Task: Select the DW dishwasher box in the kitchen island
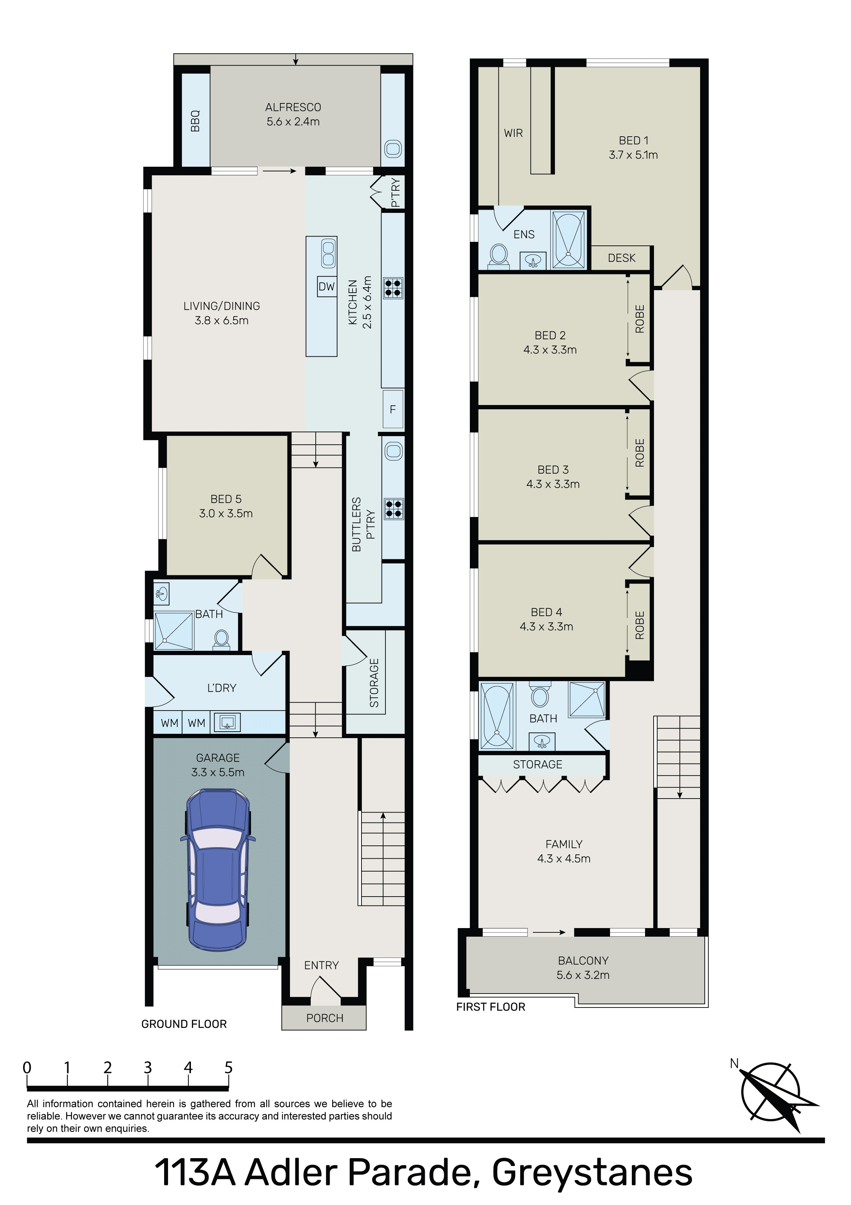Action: click(x=327, y=287)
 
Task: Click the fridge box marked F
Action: click(x=393, y=409)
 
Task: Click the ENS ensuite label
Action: click(x=524, y=235)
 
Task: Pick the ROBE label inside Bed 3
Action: click(x=640, y=453)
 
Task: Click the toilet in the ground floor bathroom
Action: click(x=221, y=640)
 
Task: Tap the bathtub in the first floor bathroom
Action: click(x=497, y=715)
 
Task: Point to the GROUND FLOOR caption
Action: click(x=184, y=1024)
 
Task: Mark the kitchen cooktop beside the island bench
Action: click(x=393, y=288)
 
